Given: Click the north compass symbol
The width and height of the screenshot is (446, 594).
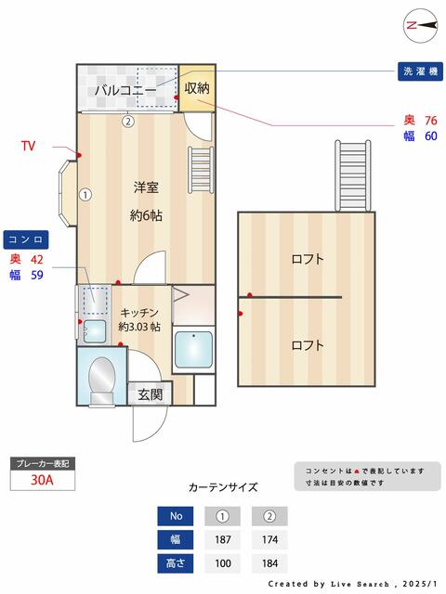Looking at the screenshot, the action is click(x=421, y=25).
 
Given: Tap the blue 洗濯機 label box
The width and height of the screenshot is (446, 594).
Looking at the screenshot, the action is click(x=420, y=71).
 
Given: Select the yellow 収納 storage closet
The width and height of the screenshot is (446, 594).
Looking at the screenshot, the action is click(x=197, y=88).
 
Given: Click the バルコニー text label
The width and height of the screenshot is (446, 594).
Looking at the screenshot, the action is click(x=125, y=90).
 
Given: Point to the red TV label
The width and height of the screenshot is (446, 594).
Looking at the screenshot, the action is click(x=29, y=146).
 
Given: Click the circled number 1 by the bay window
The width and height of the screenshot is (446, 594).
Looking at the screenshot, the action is click(x=85, y=195).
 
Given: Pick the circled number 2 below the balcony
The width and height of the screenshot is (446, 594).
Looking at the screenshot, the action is click(x=128, y=122).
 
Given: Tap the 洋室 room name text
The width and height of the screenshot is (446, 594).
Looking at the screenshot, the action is click(x=146, y=187).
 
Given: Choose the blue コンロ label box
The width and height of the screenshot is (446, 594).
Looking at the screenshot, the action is click(x=26, y=239).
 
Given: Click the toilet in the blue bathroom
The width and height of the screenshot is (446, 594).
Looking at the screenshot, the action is click(x=101, y=381).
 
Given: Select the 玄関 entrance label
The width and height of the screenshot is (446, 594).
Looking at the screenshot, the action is click(x=151, y=394).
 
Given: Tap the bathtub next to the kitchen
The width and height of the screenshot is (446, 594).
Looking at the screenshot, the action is click(x=193, y=350).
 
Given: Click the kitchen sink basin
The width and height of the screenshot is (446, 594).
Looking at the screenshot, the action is click(x=95, y=331).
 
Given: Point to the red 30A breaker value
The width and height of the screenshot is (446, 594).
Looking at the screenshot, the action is click(x=42, y=480).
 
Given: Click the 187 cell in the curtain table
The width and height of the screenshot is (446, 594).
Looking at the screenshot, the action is click(x=223, y=539).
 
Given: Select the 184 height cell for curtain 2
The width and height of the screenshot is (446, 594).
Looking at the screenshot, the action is click(x=269, y=563).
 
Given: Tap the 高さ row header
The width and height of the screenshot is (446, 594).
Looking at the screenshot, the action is click(x=176, y=563).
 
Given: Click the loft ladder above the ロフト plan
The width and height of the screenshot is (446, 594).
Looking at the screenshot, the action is click(x=353, y=175).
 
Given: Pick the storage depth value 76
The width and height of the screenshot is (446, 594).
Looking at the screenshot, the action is click(x=431, y=121).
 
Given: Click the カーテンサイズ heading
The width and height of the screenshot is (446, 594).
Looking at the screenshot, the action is click(x=223, y=486).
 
